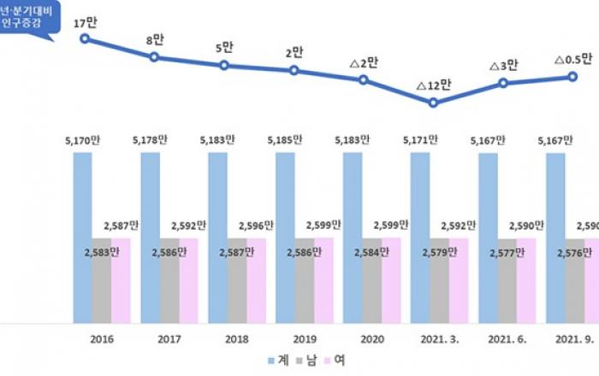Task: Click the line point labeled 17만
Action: click(84, 38)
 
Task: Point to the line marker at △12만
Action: click(434, 103)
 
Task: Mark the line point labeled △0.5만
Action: click(572, 77)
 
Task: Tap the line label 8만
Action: click(156, 39)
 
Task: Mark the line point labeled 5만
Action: click(224, 65)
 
